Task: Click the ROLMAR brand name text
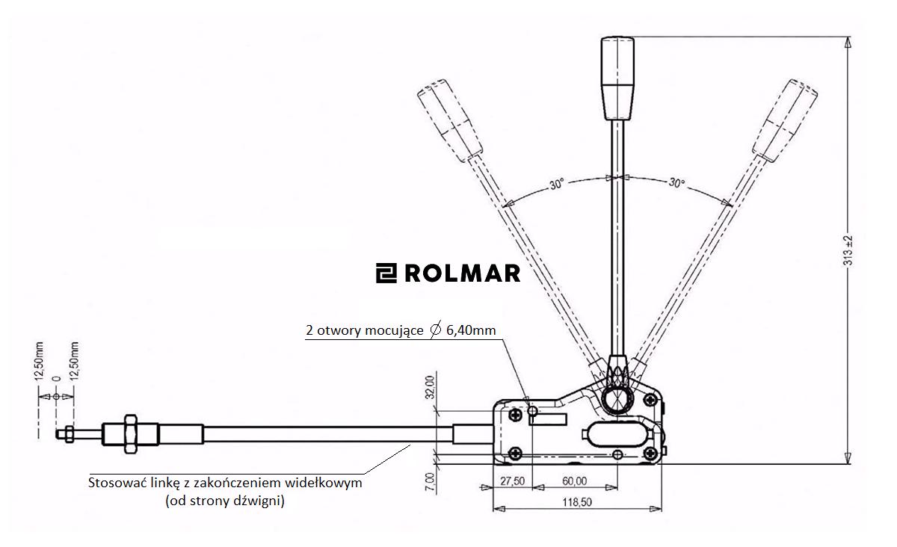[x=461, y=273]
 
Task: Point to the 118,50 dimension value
[x=576, y=503]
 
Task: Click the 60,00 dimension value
[x=573, y=481]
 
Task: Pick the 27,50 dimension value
[x=511, y=481]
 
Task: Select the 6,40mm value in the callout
[x=471, y=330]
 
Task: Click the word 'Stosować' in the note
[x=116, y=483]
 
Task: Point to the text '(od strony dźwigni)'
[x=225, y=501]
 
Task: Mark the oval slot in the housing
[x=614, y=433]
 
